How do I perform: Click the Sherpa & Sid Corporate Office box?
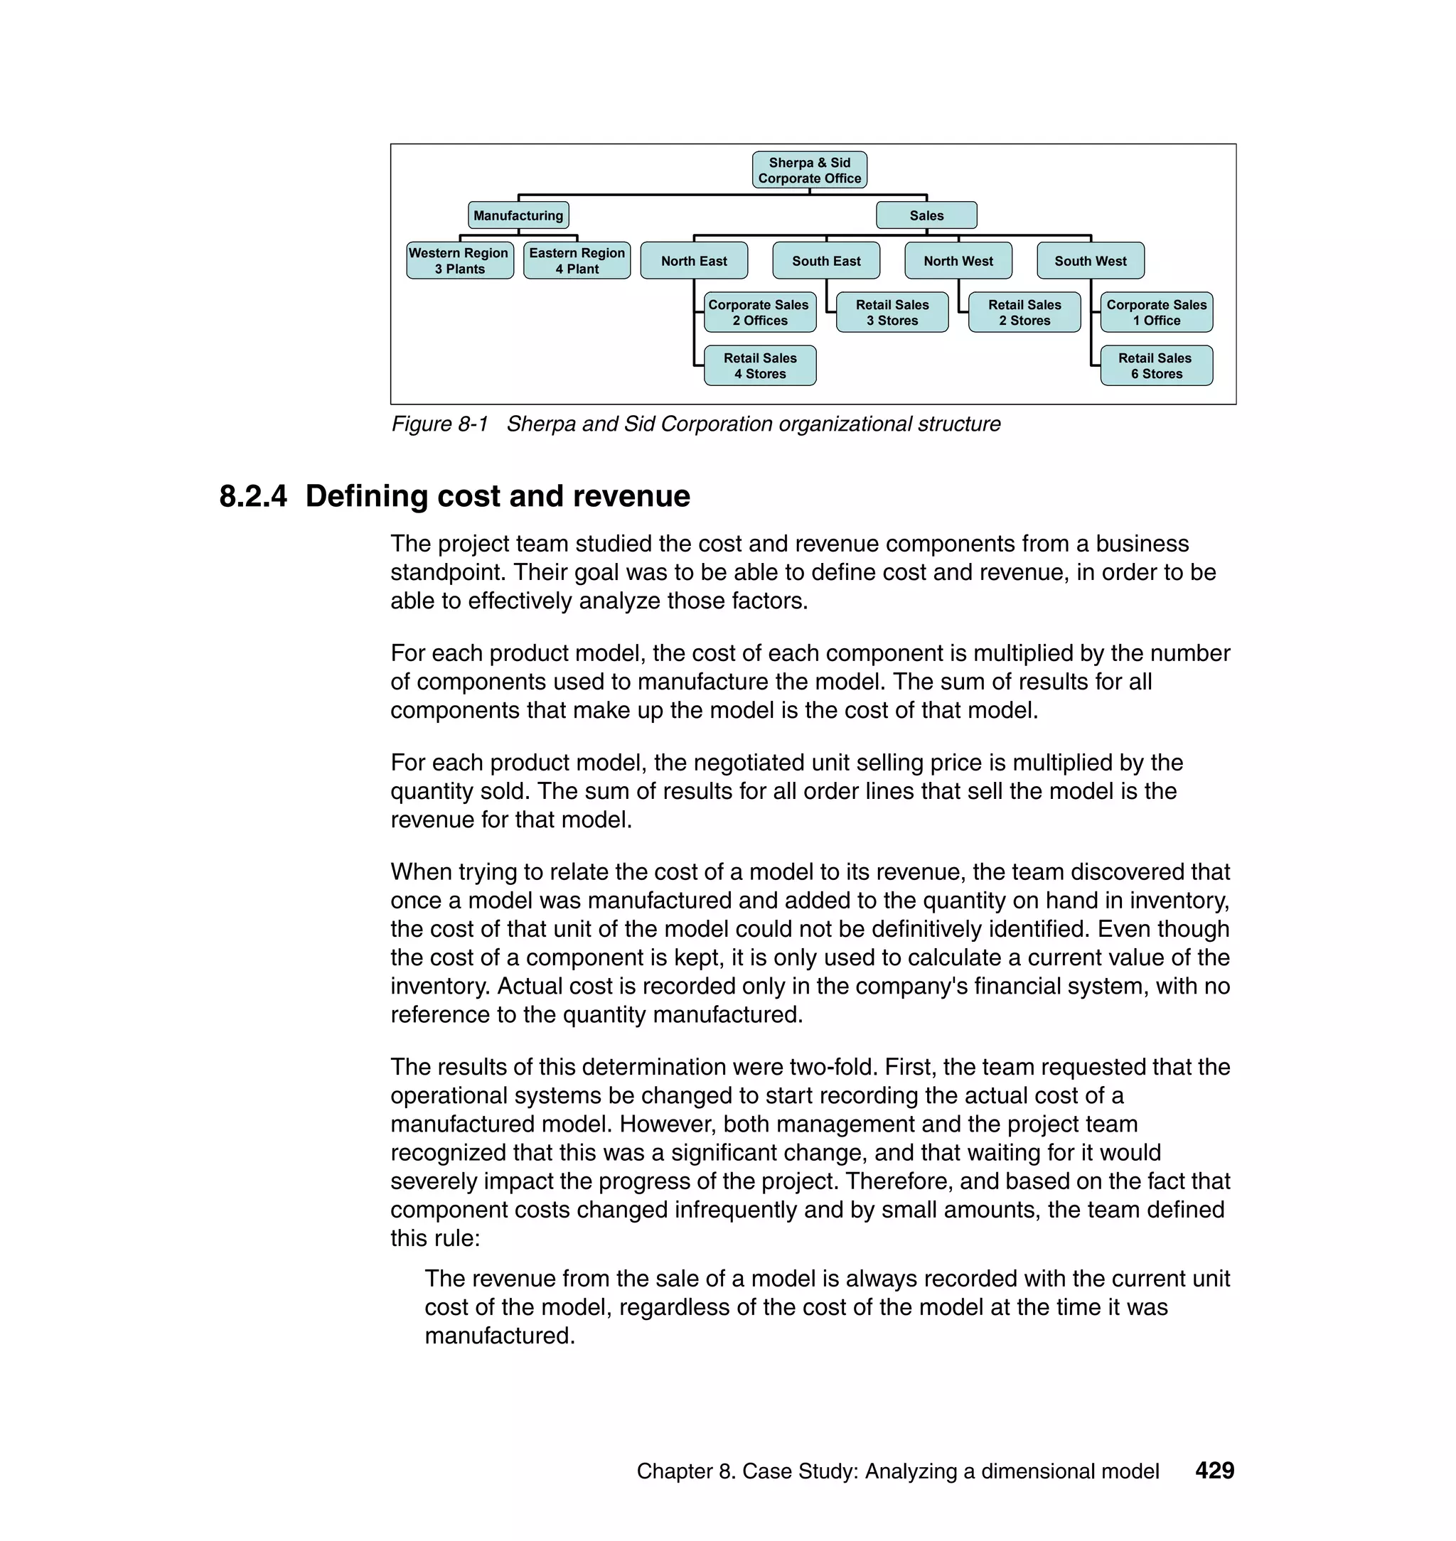pos(809,170)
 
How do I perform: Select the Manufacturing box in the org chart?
pos(518,215)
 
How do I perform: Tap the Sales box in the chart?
pos(926,215)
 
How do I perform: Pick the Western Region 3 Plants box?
pos(459,261)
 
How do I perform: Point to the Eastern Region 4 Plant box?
pos(577,261)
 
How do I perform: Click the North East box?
pos(694,261)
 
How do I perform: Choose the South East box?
pos(826,261)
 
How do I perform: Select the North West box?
pos(958,261)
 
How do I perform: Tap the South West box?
pos(1090,261)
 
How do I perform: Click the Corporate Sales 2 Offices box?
pos(759,312)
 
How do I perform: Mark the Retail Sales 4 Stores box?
pos(759,365)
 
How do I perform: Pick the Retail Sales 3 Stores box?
pos(892,312)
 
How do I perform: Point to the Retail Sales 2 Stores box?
pos(1024,312)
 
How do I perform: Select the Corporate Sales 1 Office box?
pos(1156,312)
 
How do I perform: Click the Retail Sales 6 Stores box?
pos(1156,365)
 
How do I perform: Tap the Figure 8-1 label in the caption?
pos(439,424)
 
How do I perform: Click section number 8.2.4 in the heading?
pos(253,497)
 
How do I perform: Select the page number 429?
pos(1214,1471)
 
